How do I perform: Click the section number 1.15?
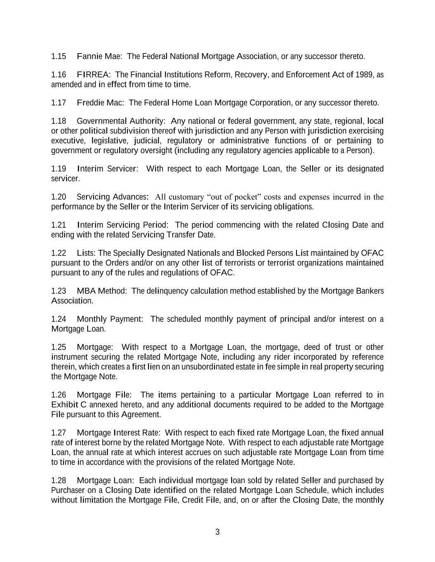pos(59,56)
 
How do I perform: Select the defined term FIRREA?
pos(93,75)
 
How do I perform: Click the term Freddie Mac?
pos(100,103)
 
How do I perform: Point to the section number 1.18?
pos(59,121)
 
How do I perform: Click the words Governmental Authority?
pos(120,121)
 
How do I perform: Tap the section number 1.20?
pos(59,197)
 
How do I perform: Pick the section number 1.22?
pos(59,253)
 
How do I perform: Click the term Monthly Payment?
pos(109,319)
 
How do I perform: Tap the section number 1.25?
pos(59,347)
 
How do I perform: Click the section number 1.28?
pos(59,481)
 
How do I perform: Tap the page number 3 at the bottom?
pos(217,532)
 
